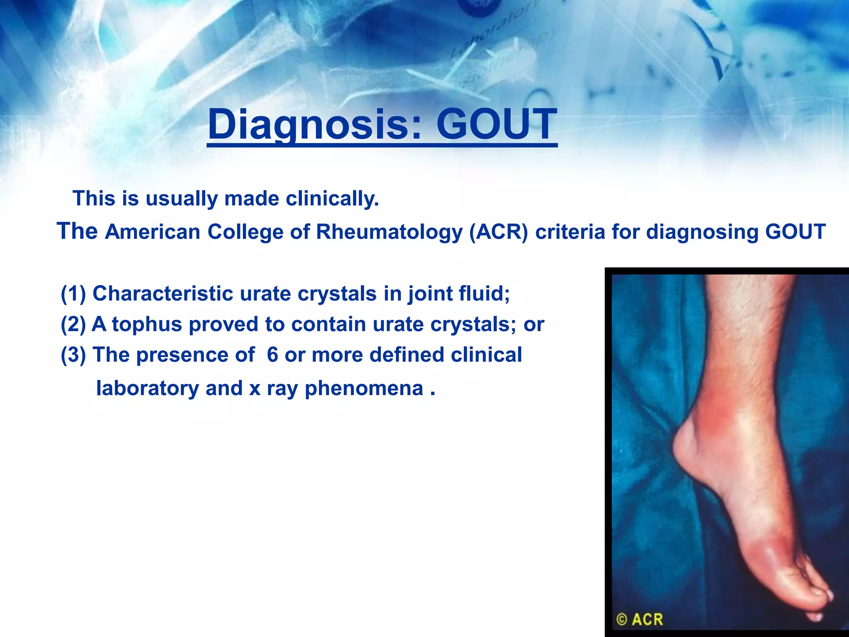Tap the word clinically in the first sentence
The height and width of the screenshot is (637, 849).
pos(332,199)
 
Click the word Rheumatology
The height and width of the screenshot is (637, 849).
pos(389,232)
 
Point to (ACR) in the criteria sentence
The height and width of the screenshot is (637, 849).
pos(498,232)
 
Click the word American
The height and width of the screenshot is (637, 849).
pos(153,232)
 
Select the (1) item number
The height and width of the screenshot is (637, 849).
pos(73,294)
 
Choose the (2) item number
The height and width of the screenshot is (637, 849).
pos(73,324)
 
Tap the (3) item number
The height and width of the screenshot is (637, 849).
pos(73,355)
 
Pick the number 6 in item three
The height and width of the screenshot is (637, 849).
pos(272,355)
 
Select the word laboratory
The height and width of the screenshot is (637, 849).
pos(148,389)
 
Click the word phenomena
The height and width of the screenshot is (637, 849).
pos(364,389)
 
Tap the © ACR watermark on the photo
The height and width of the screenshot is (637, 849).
pos(640,620)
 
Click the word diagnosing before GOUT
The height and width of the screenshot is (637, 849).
pos(702,232)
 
